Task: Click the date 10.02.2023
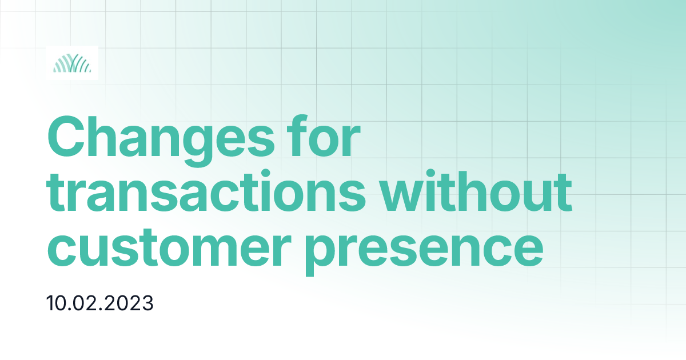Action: (100, 303)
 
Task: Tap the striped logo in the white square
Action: (71, 62)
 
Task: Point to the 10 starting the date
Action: (57, 303)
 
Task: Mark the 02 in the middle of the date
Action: (93, 303)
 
